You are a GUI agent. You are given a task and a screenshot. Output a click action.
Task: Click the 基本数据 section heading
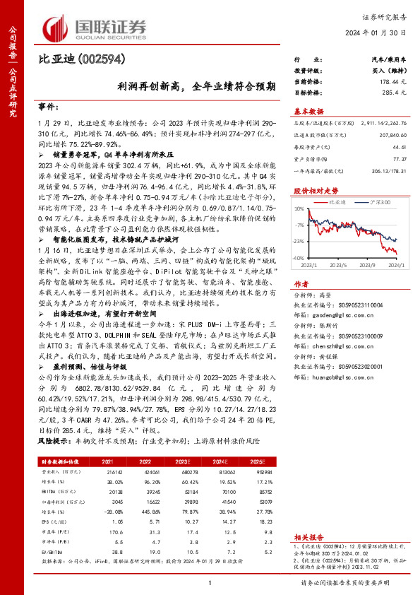tap(308, 111)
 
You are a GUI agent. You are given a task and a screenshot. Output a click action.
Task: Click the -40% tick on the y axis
tap(299, 258)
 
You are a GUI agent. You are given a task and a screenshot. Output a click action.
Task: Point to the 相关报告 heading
tap(307, 537)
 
